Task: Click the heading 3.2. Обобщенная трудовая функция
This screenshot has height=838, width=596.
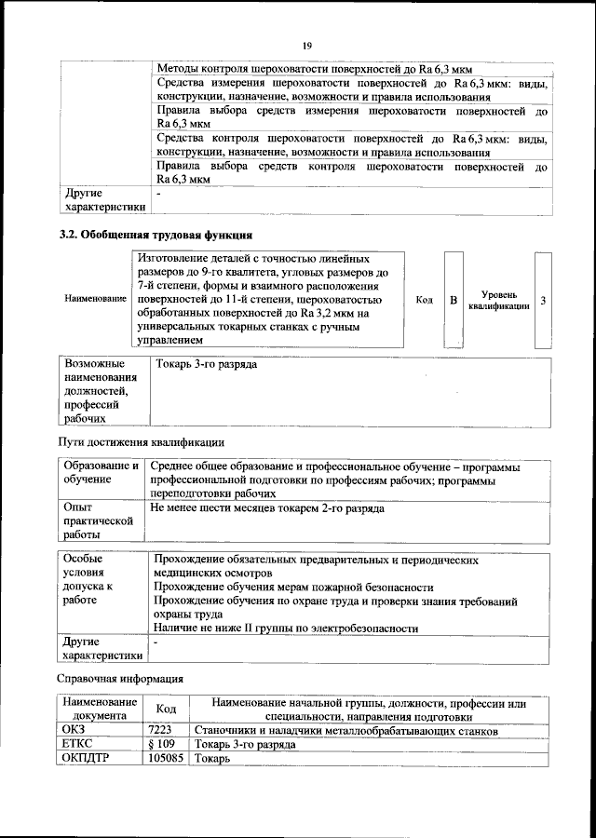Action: pyautogui.click(x=156, y=235)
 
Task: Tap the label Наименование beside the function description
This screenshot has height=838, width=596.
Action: pyautogui.click(x=96, y=299)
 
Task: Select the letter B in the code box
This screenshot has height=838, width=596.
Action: pyautogui.click(x=454, y=300)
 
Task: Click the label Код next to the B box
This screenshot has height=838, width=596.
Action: pyautogui.click(x=424, y=300)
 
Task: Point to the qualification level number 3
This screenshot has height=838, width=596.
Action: pyautogui.click(x=543, y=300)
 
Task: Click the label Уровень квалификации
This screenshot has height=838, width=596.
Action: pyautogui.click(x=499, y=300)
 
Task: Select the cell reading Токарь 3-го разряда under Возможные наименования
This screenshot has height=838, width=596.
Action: pyautogui.click(x=208, y=364)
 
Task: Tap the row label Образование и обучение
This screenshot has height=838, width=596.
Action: pyautogui.click(x=101, y=472)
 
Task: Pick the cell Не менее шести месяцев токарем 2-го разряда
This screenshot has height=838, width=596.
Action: pyautogui.click(x=266, y=508)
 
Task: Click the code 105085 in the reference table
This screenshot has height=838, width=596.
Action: pyautogui.click(x=166, y=759)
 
